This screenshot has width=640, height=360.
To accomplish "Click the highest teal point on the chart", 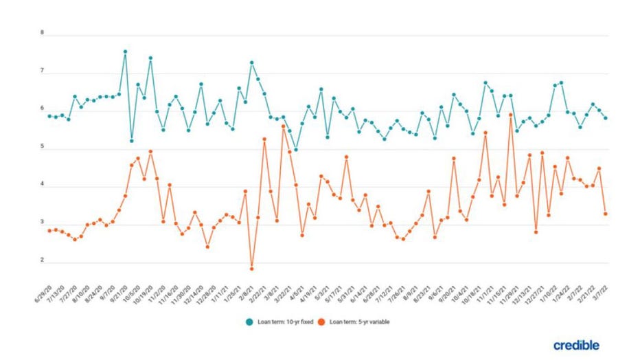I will [125, 52].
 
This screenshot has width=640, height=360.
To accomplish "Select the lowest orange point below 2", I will [251, 269].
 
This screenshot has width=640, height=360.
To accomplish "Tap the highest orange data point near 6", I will [511, 115].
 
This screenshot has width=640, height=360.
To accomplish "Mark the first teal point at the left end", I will [49, 116].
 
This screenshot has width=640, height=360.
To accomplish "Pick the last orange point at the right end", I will [606, 214].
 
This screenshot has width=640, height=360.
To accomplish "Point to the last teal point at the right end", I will [606, 118].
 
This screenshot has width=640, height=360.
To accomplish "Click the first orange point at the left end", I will [49, 231].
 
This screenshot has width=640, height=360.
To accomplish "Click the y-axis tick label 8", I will [42, 32].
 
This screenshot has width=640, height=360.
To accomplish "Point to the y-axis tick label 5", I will [42, 146].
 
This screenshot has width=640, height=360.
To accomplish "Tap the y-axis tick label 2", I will [42, 260].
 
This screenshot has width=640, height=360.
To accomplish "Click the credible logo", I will [575, 344].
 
